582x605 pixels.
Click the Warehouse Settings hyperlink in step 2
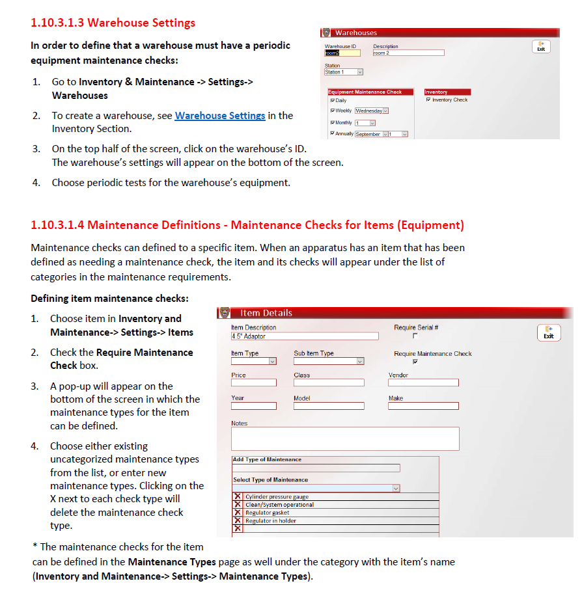(220, 116)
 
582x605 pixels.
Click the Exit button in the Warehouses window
(541, 47)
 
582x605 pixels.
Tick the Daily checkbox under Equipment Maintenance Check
(333, 101)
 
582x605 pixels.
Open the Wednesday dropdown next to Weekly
(372, 111)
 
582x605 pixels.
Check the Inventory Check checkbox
(428, 100)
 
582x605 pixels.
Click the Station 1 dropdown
(343, 72)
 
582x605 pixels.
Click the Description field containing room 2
(408, 53)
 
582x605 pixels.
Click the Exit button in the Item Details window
(549, 332)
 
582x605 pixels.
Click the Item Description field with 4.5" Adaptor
(304, 336)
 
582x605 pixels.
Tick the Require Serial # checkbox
(415, 336)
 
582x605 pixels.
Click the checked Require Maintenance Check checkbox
(415, 362)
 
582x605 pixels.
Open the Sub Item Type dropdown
(328, 362)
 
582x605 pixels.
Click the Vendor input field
(423, 383)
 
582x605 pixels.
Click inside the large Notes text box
(345, 438)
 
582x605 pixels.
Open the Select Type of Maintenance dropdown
(316, 488)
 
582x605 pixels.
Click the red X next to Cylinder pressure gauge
(238, 497)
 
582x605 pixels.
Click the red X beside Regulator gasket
(238, 513)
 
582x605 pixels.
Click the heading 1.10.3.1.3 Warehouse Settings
(113, 23)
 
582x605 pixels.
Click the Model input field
(328, 406)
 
